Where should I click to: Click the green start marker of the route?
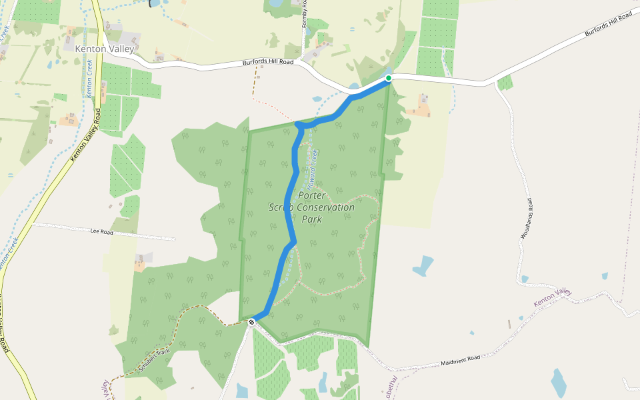pos(389,78)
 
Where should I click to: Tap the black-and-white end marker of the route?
pos(252,323)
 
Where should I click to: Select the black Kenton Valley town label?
pos(105,49)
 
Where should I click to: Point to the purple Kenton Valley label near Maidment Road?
pos(553,297)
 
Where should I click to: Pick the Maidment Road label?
pos(460,361)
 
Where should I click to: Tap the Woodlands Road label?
pos(527,219)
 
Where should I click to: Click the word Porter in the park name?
pos(313,195)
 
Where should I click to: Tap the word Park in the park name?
pos(312,219)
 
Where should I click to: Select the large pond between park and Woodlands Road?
pos(423,266)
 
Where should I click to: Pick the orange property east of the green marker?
pos(420,107)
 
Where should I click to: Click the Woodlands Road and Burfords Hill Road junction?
pos(495,83)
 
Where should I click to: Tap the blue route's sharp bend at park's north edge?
pos(298,125)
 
